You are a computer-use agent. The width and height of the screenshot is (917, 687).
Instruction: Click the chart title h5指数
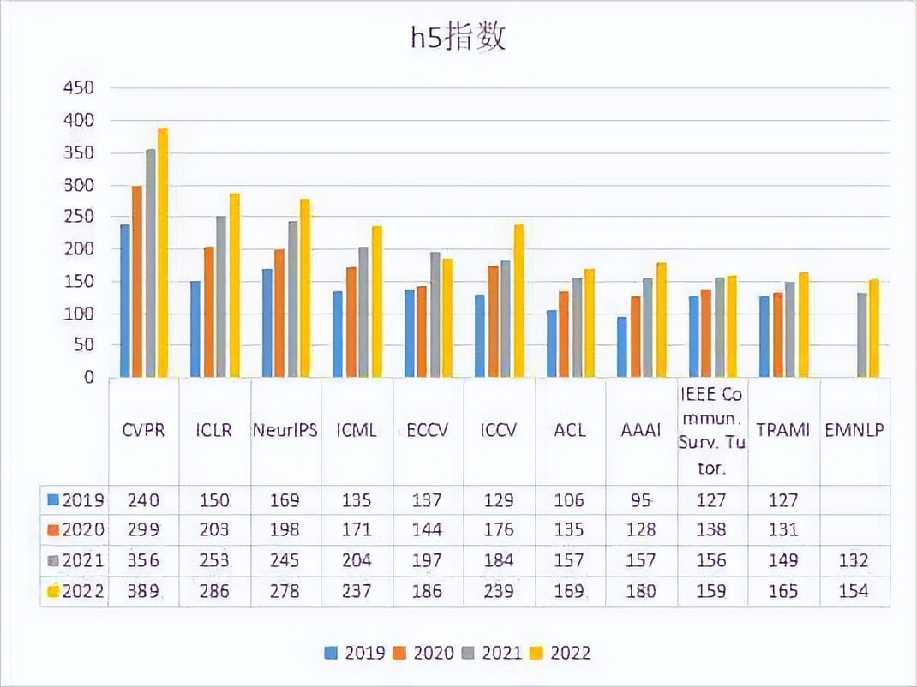coord(457,39)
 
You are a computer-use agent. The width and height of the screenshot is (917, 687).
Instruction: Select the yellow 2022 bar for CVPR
coord(163,253)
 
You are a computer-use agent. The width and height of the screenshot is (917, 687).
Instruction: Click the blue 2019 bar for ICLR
coord(195,329)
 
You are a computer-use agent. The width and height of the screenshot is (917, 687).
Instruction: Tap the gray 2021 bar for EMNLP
coord(861,335)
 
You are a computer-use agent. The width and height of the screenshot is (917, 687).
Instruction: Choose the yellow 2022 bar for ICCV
coord(518,301)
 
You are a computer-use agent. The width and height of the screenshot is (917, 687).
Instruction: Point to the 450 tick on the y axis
coord(78,88)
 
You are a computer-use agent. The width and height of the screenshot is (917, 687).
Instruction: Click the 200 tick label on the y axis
coord(78,249)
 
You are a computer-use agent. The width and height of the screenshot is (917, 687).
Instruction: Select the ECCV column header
coord(428,431)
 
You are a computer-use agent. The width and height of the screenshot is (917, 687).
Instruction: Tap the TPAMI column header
coord(783,431)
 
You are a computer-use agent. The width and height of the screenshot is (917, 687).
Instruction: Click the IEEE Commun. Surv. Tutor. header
coord(711,431)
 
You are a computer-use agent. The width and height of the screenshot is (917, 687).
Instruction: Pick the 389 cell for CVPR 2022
coord(143,591)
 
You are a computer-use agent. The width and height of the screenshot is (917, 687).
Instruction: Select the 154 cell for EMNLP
coord(854,591)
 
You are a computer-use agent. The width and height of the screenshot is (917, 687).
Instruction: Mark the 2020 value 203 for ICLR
coord(214,530)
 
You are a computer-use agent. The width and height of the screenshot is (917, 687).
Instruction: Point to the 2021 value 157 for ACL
coord(570,561)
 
